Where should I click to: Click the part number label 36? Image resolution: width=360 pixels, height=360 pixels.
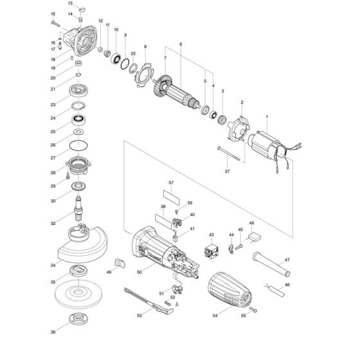tap(53, 332)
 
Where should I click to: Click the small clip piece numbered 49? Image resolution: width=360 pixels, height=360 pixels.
tap(118, 261)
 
